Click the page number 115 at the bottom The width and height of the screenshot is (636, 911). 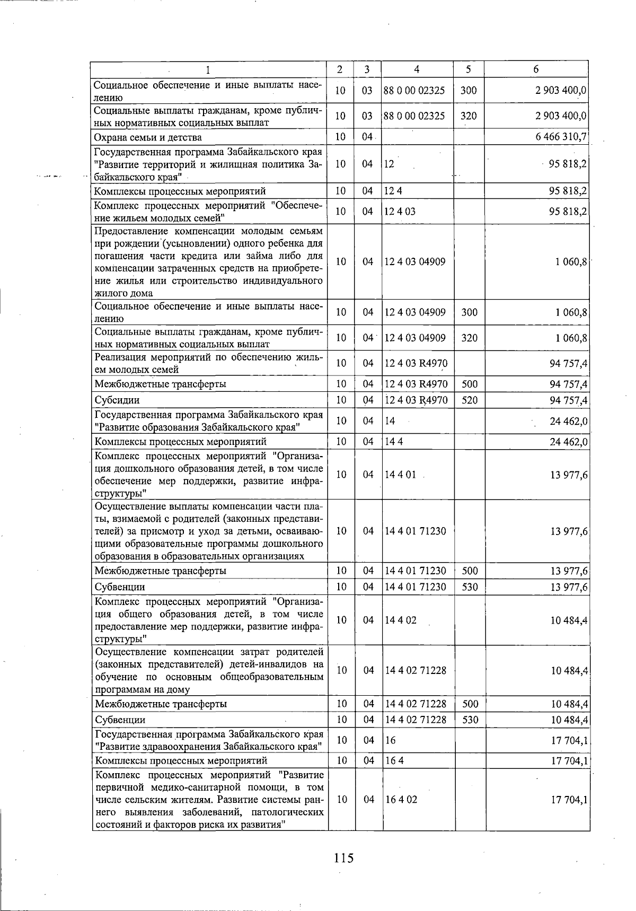coord(343,857)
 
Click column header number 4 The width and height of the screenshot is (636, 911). coord(417,69)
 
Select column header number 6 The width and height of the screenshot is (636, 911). coord(536,69)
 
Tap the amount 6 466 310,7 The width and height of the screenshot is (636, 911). coord(561,137)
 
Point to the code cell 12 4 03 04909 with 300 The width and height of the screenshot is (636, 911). coord(415,312)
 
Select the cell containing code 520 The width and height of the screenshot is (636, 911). coord(470,400)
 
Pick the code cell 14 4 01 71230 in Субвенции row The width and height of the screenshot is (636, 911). coord(415,587)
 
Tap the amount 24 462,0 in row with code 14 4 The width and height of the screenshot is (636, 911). coord(568,442)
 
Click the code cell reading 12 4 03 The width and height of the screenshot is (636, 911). coord(400,212)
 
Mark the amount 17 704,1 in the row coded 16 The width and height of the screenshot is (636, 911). coord(569,740)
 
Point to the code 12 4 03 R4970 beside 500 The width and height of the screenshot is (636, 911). coord(416,384)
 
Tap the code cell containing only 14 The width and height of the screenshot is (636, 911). coord(390,421)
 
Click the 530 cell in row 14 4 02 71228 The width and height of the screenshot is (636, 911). coord(470,720)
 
